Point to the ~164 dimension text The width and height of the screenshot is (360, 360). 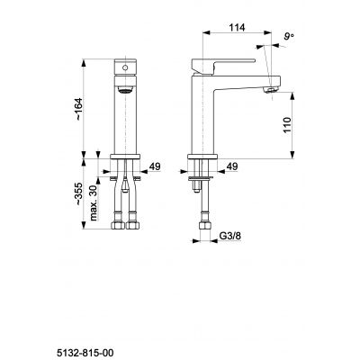[80, 110]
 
